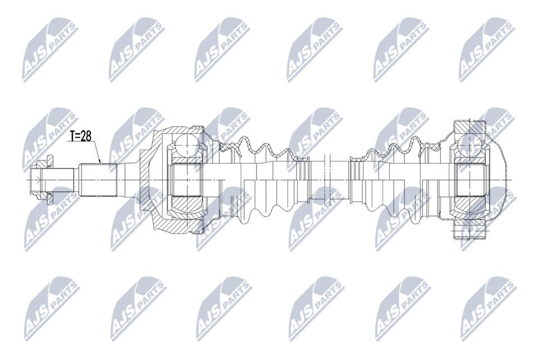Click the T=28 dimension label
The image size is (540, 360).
80,137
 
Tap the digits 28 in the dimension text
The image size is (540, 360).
86,137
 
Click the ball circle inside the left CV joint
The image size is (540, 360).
186,145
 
